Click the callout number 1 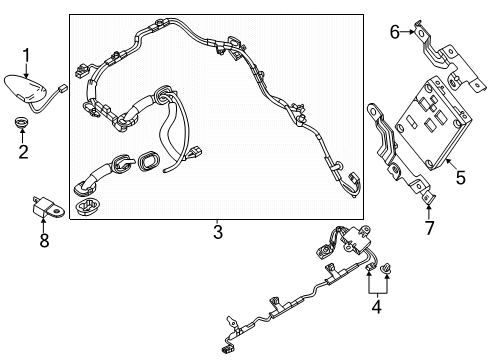[26, 56]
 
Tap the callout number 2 [23, 152]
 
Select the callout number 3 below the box [218, 232]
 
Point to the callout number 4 [377, 307]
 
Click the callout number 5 [461, 177]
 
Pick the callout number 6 [395, 32]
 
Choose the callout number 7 [430, 228]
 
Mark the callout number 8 [44, 240]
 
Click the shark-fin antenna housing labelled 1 [25, 88]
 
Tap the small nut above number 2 [22, 122]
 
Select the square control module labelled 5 [433, 124]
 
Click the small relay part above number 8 [48, 207]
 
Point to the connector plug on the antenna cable [62, 88]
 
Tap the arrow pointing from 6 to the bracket [408, 32]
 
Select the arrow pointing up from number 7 [429, 212]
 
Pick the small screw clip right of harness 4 [387, 268]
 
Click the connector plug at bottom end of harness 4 [224, 349]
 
